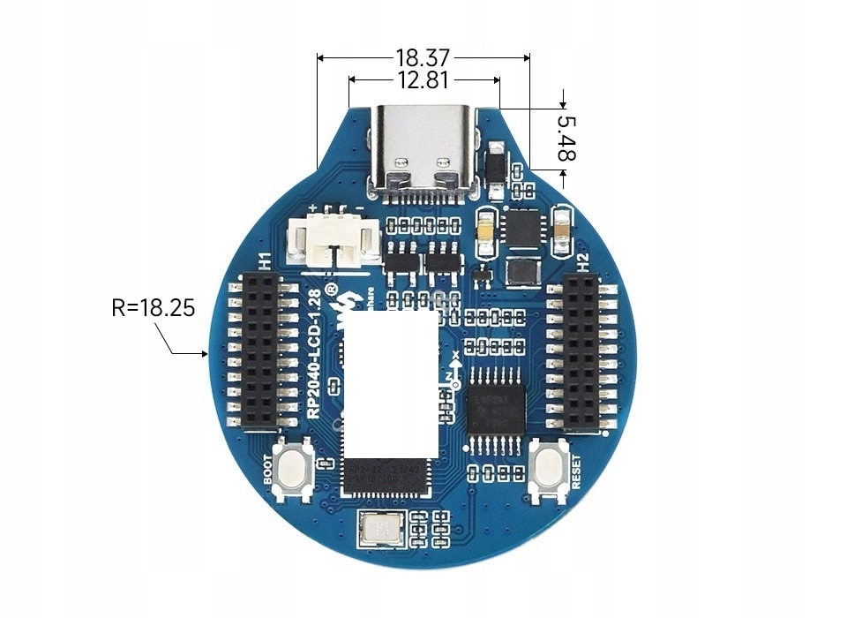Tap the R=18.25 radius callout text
[153, 308]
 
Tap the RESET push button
[548, 470]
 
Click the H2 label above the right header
[582, 261]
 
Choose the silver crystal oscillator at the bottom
[380, 530]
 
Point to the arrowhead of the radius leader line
[206, 354]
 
